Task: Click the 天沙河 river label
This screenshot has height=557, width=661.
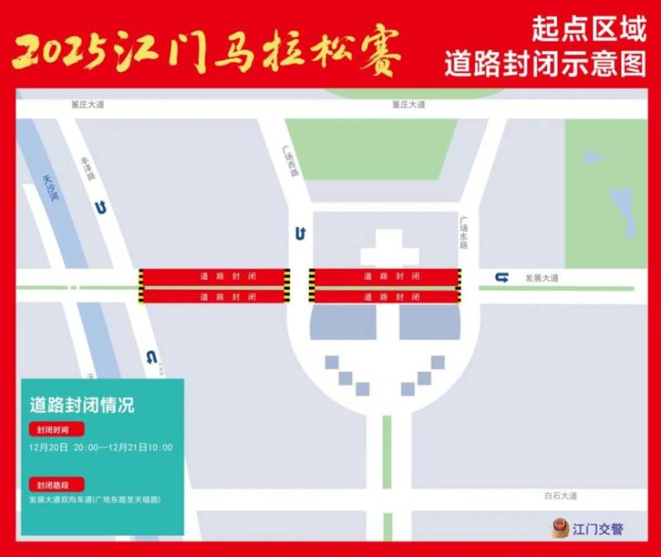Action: [52, 189]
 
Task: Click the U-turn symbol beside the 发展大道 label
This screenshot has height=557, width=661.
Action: [502, 278]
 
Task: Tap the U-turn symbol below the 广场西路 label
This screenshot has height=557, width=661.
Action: [300, 234]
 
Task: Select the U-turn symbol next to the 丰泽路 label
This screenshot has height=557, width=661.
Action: [100, 208]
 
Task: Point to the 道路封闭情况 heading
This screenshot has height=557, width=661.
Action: [82, 406]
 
